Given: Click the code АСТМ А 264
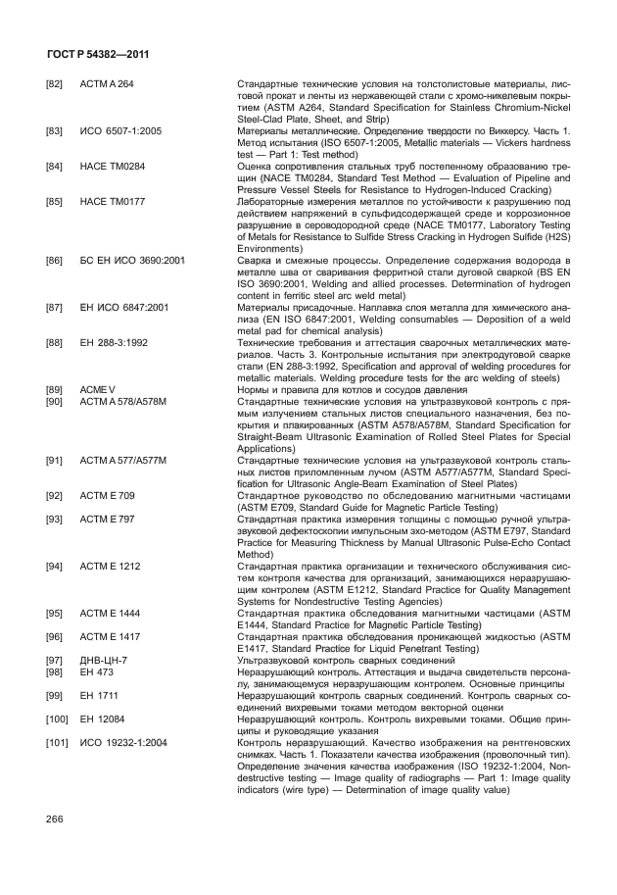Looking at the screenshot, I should pyautogui.click(x=107, y=85).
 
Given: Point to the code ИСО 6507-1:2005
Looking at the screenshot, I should pyautogui.click(x=121, y=130).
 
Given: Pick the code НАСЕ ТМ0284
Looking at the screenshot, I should pyautogui.click(x=112, y=166).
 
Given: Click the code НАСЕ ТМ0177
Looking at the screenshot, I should pyautogui.click(x=112, y=201).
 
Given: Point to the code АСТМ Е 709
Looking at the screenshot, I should pyautogui.click(x=107, y=493).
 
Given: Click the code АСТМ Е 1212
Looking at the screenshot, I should pyautogui.click(x=110, y=565).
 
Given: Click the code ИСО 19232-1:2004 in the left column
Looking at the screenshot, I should pyautogui.click(x=122, y=742).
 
